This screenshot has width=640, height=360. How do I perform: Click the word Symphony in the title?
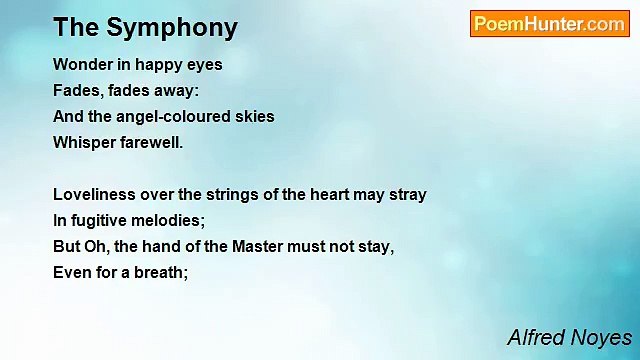[x=181, y=27]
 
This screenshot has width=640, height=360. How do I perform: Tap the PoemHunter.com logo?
[x=549, y=24]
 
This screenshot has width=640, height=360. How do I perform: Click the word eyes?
[x=205, y=64]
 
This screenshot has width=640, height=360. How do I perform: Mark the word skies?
[x=254, y=116]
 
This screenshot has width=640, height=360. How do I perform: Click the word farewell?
[x=151, y=142]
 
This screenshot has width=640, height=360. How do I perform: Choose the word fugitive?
[x=101, y=220]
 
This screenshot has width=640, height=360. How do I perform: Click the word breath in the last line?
[x=161, y=272]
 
